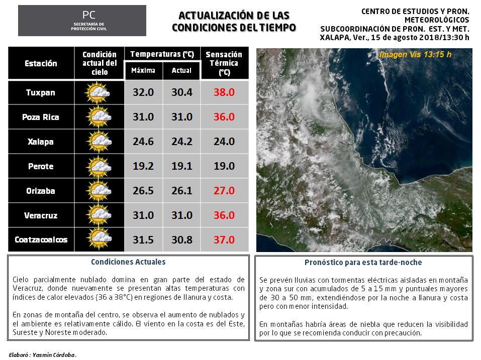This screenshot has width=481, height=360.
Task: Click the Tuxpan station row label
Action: (x=41, y=92)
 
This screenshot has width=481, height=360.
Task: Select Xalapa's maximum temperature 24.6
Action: (x=143, y=142)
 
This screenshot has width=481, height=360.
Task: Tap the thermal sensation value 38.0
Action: (x=224, y=92)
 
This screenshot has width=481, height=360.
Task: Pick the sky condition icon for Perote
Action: (x=99, y=166)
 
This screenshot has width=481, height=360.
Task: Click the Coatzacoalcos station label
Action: (x=41, y=239)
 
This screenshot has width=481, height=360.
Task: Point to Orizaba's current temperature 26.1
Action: (x=181, y=191)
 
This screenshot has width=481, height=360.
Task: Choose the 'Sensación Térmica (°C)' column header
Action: (x=224, y=63)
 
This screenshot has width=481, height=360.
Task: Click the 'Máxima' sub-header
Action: (x=143, y=70)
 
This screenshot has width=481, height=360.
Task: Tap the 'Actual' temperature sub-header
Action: (x=181, y=70)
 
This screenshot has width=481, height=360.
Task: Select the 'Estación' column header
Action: (x=41, y=63)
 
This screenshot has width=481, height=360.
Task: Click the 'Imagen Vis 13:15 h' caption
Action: (x=415, y=54)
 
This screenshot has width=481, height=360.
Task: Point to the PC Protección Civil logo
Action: (x=82, y=21)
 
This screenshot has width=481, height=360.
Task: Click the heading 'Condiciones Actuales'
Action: (x=128, y=262)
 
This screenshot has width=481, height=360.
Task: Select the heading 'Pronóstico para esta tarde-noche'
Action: (x=363, y=263)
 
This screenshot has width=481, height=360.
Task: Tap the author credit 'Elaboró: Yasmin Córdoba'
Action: (x=43, y=355)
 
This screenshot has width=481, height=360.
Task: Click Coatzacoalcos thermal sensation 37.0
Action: (x=224, y=239)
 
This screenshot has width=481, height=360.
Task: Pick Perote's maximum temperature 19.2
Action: (x=143, y=166)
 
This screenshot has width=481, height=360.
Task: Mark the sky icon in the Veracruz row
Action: (x=99, y=215)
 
